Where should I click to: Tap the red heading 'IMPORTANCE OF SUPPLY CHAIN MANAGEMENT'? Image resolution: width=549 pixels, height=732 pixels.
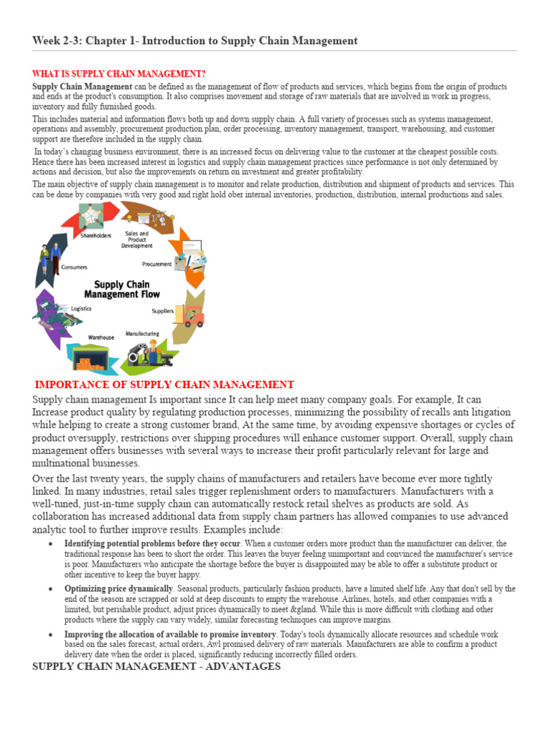(x=164, y=385)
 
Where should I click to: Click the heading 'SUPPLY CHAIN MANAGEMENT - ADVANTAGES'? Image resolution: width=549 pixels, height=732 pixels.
(x=157, y=666)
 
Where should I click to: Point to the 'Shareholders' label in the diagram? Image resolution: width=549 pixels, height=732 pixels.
(x=96, y=236)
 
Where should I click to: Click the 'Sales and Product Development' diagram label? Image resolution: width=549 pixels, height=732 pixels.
(x=137, y=239)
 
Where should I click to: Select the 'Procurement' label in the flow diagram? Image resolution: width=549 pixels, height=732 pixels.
(x=157, y=264)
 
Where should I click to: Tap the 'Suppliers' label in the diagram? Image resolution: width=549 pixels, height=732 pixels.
(x=162, y=311)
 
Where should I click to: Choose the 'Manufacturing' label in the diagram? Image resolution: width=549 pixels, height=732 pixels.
(x=142, y=334)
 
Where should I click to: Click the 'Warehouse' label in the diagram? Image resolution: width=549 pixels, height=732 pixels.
(x=101, y=337)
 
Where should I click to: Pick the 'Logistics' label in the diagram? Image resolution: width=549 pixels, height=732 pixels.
(x=81, y=308)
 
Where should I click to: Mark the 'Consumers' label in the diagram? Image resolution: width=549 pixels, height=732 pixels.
(x=74, y=267)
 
